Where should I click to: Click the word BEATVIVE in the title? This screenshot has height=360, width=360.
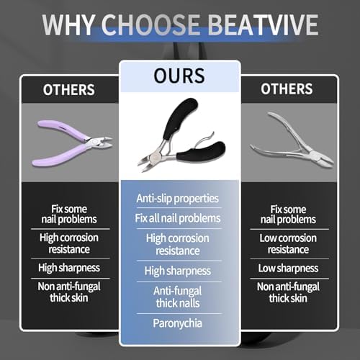point(263,25)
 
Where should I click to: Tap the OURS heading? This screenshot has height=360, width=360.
point(179,76)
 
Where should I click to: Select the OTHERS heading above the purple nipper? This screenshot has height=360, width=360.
point(69,90)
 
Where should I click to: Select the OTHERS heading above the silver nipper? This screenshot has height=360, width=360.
point(287,89)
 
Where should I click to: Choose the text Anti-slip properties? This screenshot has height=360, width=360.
point(178,199)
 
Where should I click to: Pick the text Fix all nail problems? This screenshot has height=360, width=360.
point(178,218)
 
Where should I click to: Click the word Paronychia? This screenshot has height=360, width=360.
point(178,323)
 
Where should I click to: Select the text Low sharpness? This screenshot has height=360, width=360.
point(288,268)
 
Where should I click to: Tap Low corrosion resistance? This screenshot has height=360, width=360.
point(288,243)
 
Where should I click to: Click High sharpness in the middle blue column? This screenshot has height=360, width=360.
point(178,271)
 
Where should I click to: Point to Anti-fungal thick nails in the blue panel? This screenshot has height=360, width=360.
point(178,297)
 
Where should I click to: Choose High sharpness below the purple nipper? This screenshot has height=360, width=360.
point(69,268)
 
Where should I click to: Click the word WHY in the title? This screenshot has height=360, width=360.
point(68,25)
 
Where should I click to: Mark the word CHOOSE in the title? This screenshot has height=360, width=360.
point(150,25)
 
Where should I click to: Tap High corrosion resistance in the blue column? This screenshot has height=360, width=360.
point(178,245)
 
